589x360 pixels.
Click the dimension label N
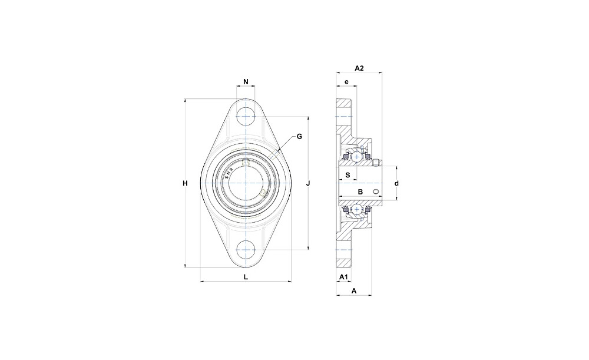coord(246,81)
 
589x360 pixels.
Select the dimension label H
coord(185,183)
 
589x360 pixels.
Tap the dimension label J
coord(308,183)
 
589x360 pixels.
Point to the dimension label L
coord(246,277)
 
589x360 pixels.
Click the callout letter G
coord(299,137)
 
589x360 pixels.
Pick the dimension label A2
coord(359,68)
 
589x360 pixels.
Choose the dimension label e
coord(347,81)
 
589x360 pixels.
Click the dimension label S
coord(348,175)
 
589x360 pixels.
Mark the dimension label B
coord(360,192)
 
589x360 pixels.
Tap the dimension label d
coord(396,183)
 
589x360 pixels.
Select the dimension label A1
coord(343,277)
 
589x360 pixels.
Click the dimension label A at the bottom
coord(353,290)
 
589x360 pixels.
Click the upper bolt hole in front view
coord(246,117)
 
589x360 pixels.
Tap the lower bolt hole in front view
coord(246,249)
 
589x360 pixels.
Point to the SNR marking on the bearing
coord(229,173)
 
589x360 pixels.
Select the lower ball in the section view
coord(357,209)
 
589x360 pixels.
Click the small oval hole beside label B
coord(376,192)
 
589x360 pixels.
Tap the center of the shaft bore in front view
coord(246,183)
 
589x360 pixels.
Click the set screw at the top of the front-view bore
coord(246,163)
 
